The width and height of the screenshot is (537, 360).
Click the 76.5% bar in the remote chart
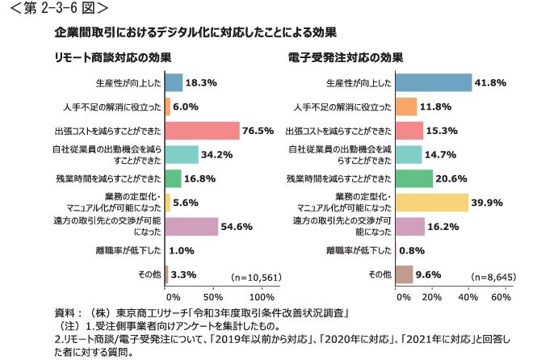click(202, 131)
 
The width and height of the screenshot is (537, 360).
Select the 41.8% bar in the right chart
click(434, 83)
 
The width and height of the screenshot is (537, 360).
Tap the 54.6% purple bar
click(191, 226)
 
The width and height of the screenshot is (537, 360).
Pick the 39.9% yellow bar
click(432, 202)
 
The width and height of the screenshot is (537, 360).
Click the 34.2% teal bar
click(181, 154)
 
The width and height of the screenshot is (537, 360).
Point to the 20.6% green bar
click(414, 178)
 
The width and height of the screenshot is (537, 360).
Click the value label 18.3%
click(199, 83)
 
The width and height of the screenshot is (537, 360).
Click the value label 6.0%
click(187, 107)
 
